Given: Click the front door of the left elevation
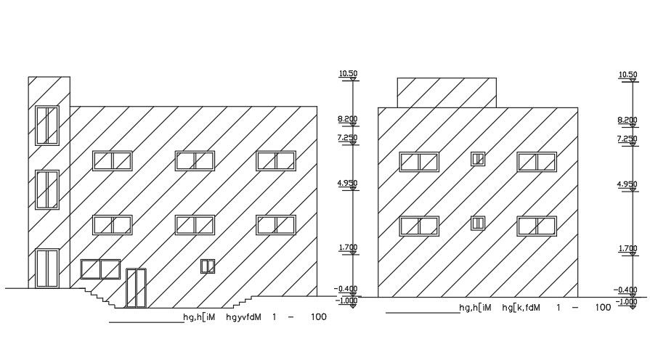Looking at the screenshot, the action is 136,287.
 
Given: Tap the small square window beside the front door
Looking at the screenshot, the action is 208,266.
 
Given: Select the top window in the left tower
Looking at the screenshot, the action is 47,125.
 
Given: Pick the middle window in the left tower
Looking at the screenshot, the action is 47,189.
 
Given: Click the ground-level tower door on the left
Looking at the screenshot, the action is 47,268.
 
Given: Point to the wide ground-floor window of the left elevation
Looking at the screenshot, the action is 100,269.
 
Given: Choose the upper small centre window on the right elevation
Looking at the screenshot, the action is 477,158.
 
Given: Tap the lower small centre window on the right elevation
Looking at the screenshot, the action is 477,223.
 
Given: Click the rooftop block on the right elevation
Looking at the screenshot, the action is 447,92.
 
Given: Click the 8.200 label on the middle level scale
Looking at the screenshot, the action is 348,120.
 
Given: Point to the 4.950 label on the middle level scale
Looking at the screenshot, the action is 348,184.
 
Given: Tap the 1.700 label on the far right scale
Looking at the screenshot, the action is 627,249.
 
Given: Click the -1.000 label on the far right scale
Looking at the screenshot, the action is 627,301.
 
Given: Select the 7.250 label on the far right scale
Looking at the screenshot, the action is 627,139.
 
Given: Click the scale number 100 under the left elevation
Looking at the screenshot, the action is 318,317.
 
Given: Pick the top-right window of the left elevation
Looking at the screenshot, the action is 276,160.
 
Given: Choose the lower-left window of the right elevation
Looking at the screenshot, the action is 419,226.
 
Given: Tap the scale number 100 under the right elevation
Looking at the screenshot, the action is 603,308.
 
